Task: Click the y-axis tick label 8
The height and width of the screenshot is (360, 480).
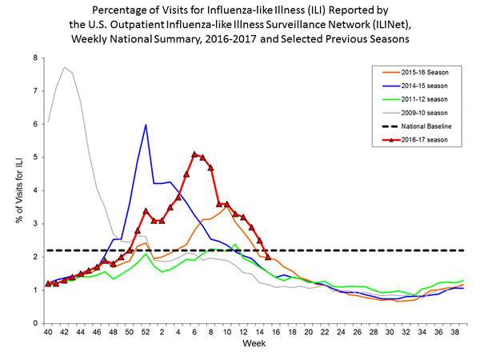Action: coord(34,58)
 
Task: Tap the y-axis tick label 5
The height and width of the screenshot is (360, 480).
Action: coord(34,158)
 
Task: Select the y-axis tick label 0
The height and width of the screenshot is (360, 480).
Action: coord(34,323)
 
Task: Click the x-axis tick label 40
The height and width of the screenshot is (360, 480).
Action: coord(49,332)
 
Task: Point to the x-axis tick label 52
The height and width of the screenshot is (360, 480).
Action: coord(146,332)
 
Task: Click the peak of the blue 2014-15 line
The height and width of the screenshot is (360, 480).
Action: coord(146,125)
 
